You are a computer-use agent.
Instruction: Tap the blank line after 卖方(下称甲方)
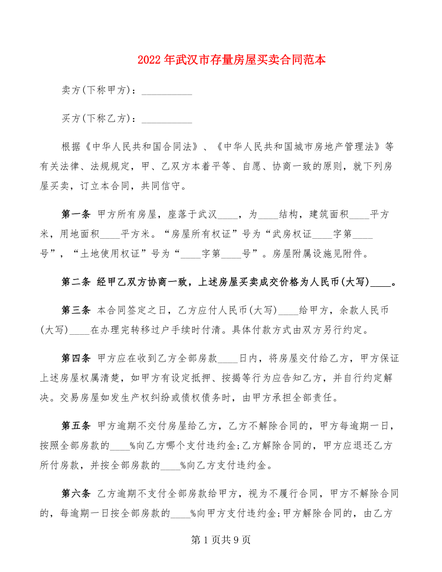click(x=168, y=91)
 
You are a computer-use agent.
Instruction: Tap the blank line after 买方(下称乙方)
click(x=168, y=119)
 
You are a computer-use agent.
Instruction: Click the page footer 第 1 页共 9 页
click(x=221, y=540)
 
